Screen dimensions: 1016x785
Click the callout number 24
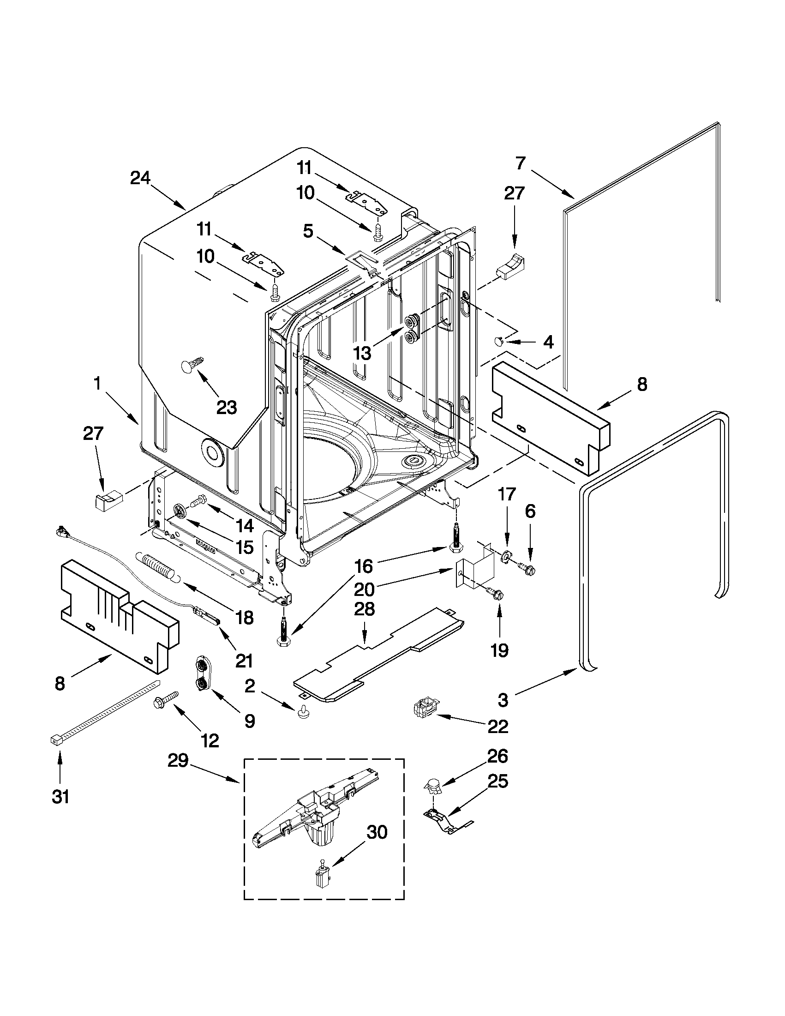pyautogui.click(x=140, y=178)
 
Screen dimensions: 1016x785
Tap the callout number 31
pyautogui.click(x=60, y=796)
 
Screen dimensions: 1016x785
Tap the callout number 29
pyautogui.click(x=178, y=761)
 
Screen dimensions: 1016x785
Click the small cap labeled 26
pyautogui.click(x=433, y=786)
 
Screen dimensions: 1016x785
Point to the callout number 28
pyautogui.click(x=364, y=609)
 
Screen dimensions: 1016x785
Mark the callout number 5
pyautogui.click(x=308, y=231)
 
